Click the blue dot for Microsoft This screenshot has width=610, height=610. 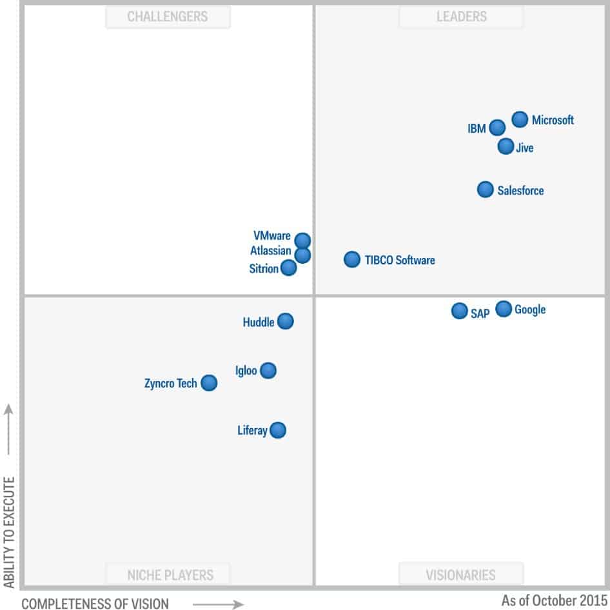[520, 119]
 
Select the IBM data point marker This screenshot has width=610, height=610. [497, 128]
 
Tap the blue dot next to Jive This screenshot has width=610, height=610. [506, 146]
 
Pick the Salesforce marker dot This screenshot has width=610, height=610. [486, 190]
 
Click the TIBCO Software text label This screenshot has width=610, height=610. [399, 261]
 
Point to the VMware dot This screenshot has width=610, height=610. [302, 241]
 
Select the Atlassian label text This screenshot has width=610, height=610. [271, 251]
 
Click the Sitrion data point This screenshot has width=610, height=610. [289, 268]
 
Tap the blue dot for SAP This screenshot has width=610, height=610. [459, 311]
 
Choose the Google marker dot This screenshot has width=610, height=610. [504, 310]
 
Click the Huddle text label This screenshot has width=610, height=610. [259, 322]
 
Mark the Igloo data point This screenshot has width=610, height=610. [268, 370]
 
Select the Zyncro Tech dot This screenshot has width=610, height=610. [209, 383]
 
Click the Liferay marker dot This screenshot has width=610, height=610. [278, 430]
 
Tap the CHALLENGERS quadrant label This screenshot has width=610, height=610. [168, 17]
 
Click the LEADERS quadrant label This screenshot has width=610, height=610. [461, 17]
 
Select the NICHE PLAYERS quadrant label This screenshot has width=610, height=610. [169, 574]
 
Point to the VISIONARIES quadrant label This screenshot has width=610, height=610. [461, 574]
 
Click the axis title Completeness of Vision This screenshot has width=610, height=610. [95, 604]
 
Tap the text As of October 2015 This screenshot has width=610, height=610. [554, 600]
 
